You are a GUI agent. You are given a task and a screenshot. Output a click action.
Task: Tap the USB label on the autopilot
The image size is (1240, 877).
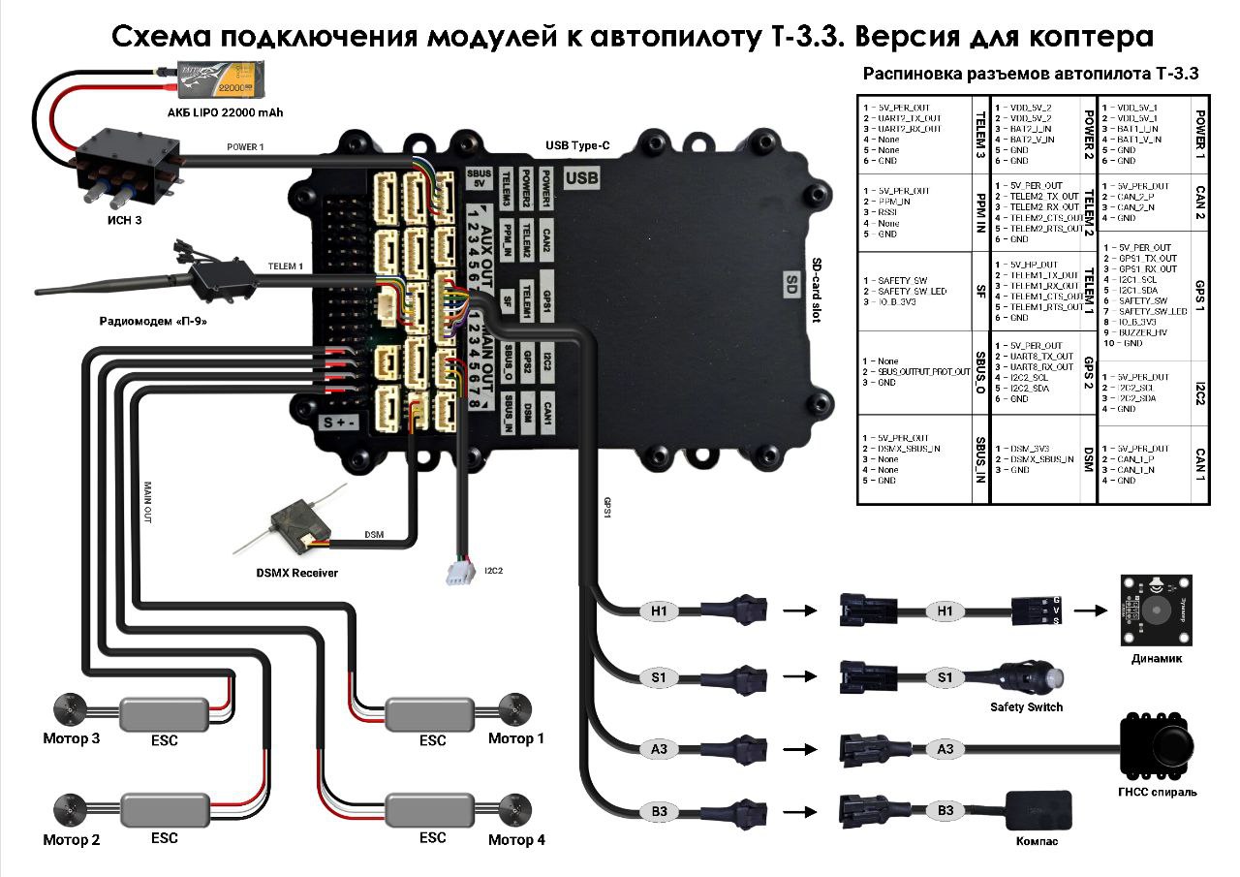tap(582, 178)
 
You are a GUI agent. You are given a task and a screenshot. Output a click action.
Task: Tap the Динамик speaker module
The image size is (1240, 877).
tap(1155, 610)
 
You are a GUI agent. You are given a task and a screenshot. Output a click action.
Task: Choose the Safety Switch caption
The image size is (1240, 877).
tap(1026, 706)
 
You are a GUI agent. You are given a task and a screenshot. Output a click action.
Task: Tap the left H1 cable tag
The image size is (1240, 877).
tap(659, 611)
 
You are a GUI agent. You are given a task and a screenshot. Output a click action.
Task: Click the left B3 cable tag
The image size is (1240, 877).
tap(659, 809)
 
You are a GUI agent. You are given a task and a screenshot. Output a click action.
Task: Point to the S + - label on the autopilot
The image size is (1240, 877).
tap(340, 422)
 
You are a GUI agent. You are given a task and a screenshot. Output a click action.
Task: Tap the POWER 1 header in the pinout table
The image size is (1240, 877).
tap(1200, 134)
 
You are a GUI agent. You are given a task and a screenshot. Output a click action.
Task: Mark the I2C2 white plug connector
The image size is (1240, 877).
tap(458, 572)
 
